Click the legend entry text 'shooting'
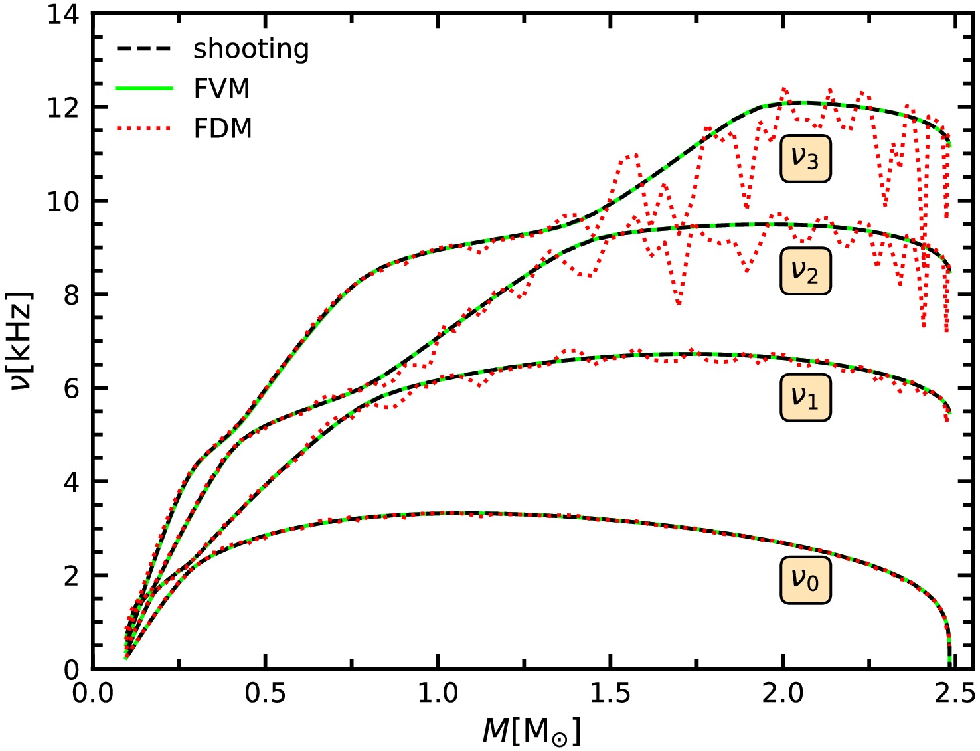tap(251, 50)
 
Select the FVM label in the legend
tap(222, 89)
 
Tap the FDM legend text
tap(223, 128)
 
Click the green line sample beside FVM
tap(144, 88)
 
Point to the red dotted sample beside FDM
tap(144, 127)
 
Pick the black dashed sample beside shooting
tap(144, 49)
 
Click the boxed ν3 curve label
tap(805, 159)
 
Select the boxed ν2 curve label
tap(805, 271)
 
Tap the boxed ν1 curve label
tap(805, 397)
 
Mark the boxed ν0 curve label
tap(805, 580)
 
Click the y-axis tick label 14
tap(64, 14)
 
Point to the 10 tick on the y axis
tap(64, 201)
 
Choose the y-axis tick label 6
tap(71, 388)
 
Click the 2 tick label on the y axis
tap(71, 576)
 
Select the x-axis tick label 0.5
tap(265, 693)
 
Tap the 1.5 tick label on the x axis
tap(610, 693)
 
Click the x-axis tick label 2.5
tap(955, 693)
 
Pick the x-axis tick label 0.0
tap(92, 693)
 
